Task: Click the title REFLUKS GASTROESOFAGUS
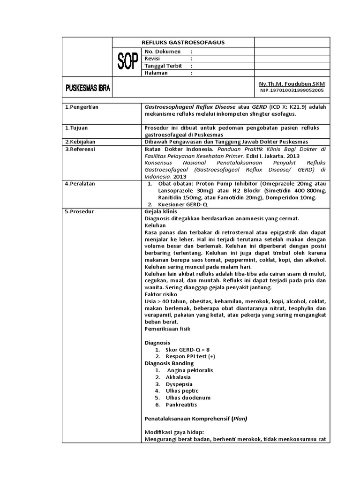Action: pyautogui.click(x=183, y=43)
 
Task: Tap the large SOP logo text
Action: pyautogui.click(x=127, y=62)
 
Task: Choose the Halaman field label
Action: pyautogui.click(x=156, y=73)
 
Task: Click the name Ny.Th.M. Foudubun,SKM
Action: pyautogui.click(x=292, y=83)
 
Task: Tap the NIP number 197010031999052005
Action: pyautogui.click(x=292, y=90)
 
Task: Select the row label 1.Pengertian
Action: pyautogui.click(x=82, y=107)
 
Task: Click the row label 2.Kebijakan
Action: pyautogui.click(x=81, y=142)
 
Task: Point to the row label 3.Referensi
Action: pyautogui.click(x=81, y=149)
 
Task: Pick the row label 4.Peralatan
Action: pyautogui.click(x=81, y=184)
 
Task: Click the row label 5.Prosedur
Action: pyautogui.click(x=80, y=211)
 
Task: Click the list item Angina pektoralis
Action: pyautogui.click(x=190, y=370)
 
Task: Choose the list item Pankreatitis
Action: pyautogui.click(x=181, y=405)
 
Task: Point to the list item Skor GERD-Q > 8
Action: pyautogui.click(x=187, y=350)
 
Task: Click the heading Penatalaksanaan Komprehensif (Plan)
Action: pyautogui.click(x=196, y=418)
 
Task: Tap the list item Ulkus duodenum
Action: pyautogui.click(x=185, y=397)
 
